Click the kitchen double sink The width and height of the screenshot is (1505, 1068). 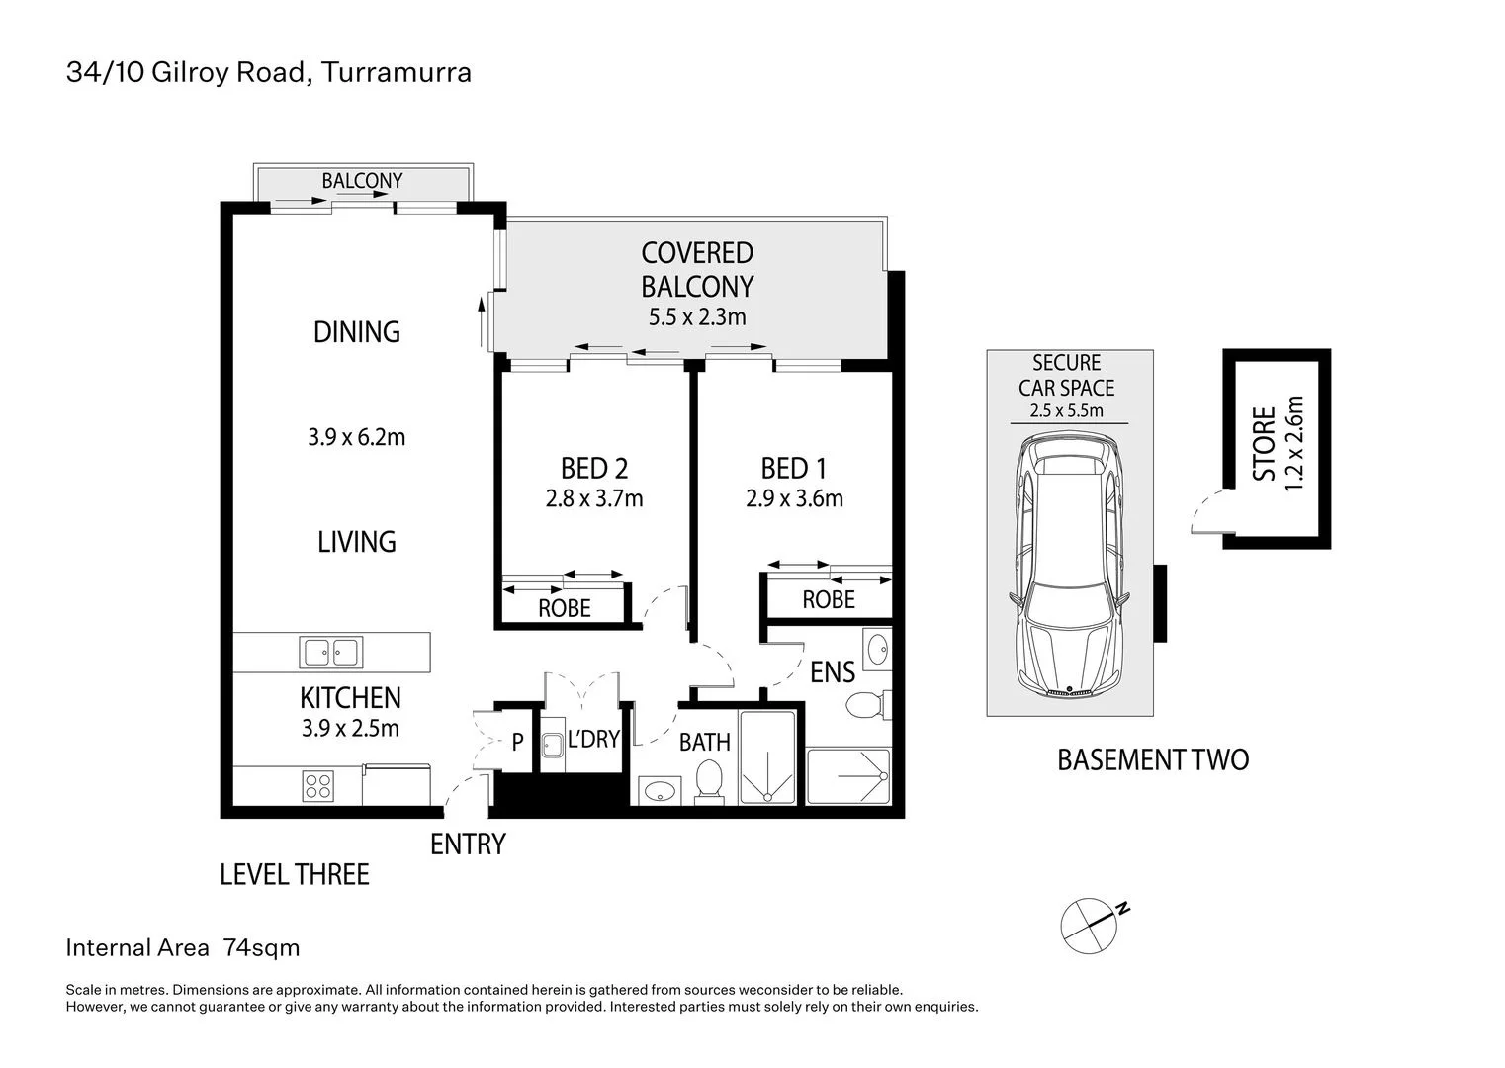(x=331, y=653)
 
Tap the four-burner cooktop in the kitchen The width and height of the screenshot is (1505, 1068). (x=318, y=786)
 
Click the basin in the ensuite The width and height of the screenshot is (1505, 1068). (x=877, y=649)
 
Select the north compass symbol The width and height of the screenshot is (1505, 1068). (x=1091, y=921)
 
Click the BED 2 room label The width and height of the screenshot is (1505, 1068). (x=594, y=468)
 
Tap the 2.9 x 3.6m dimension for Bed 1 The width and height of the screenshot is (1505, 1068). (x=794, y=498)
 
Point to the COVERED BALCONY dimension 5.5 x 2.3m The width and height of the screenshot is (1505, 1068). (x=697, y=317)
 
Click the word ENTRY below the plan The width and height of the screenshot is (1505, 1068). (x=468, y=845)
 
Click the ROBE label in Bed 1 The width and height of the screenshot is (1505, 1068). (x=829, y=600)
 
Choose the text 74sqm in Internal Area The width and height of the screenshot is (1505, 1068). (x=262, y=948)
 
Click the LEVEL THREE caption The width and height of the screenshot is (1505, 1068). (x=295, y=875)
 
